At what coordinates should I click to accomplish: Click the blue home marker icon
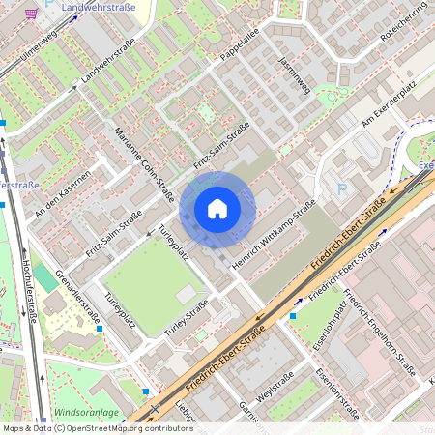217,209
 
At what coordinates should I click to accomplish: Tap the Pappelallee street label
241,52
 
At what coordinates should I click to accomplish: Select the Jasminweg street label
294,75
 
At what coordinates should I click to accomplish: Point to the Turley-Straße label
187,318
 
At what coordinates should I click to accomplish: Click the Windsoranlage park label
86,413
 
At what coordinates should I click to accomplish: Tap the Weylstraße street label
275,394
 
